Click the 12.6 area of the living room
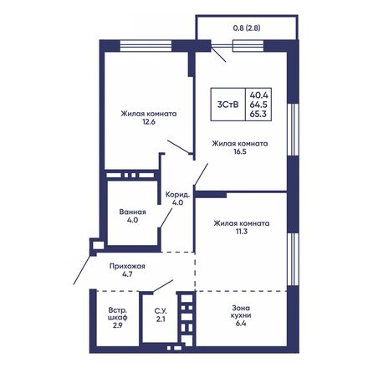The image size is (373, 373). (x=147, y=127)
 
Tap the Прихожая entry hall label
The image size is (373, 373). (x=131, y=264)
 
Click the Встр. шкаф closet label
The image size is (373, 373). (x=111, y=312)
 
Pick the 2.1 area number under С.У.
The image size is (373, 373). (x=159, y=319)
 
